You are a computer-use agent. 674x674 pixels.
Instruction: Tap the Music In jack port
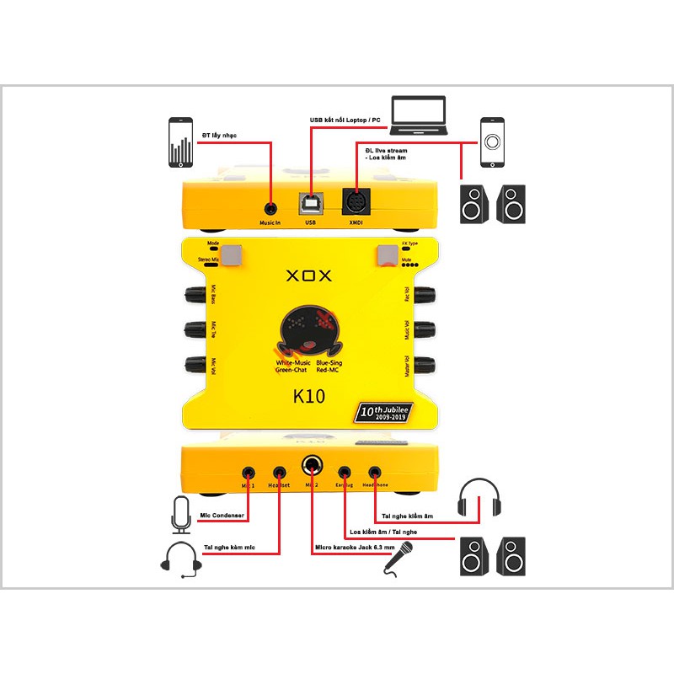coord(270,206)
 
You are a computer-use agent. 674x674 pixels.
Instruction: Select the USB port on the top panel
coord(310,205)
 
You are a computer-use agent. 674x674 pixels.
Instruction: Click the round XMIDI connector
coord(356,203)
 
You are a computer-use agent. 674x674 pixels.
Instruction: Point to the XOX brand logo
coord(310,275)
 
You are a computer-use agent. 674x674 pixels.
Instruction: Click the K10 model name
coord(309,396)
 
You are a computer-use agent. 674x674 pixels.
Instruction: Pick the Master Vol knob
coord(425,366)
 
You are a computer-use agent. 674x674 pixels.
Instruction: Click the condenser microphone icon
coord(180,515)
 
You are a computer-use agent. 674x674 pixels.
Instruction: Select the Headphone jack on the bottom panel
coord(374,473)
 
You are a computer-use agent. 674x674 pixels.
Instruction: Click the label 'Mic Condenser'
coord(223,516)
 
